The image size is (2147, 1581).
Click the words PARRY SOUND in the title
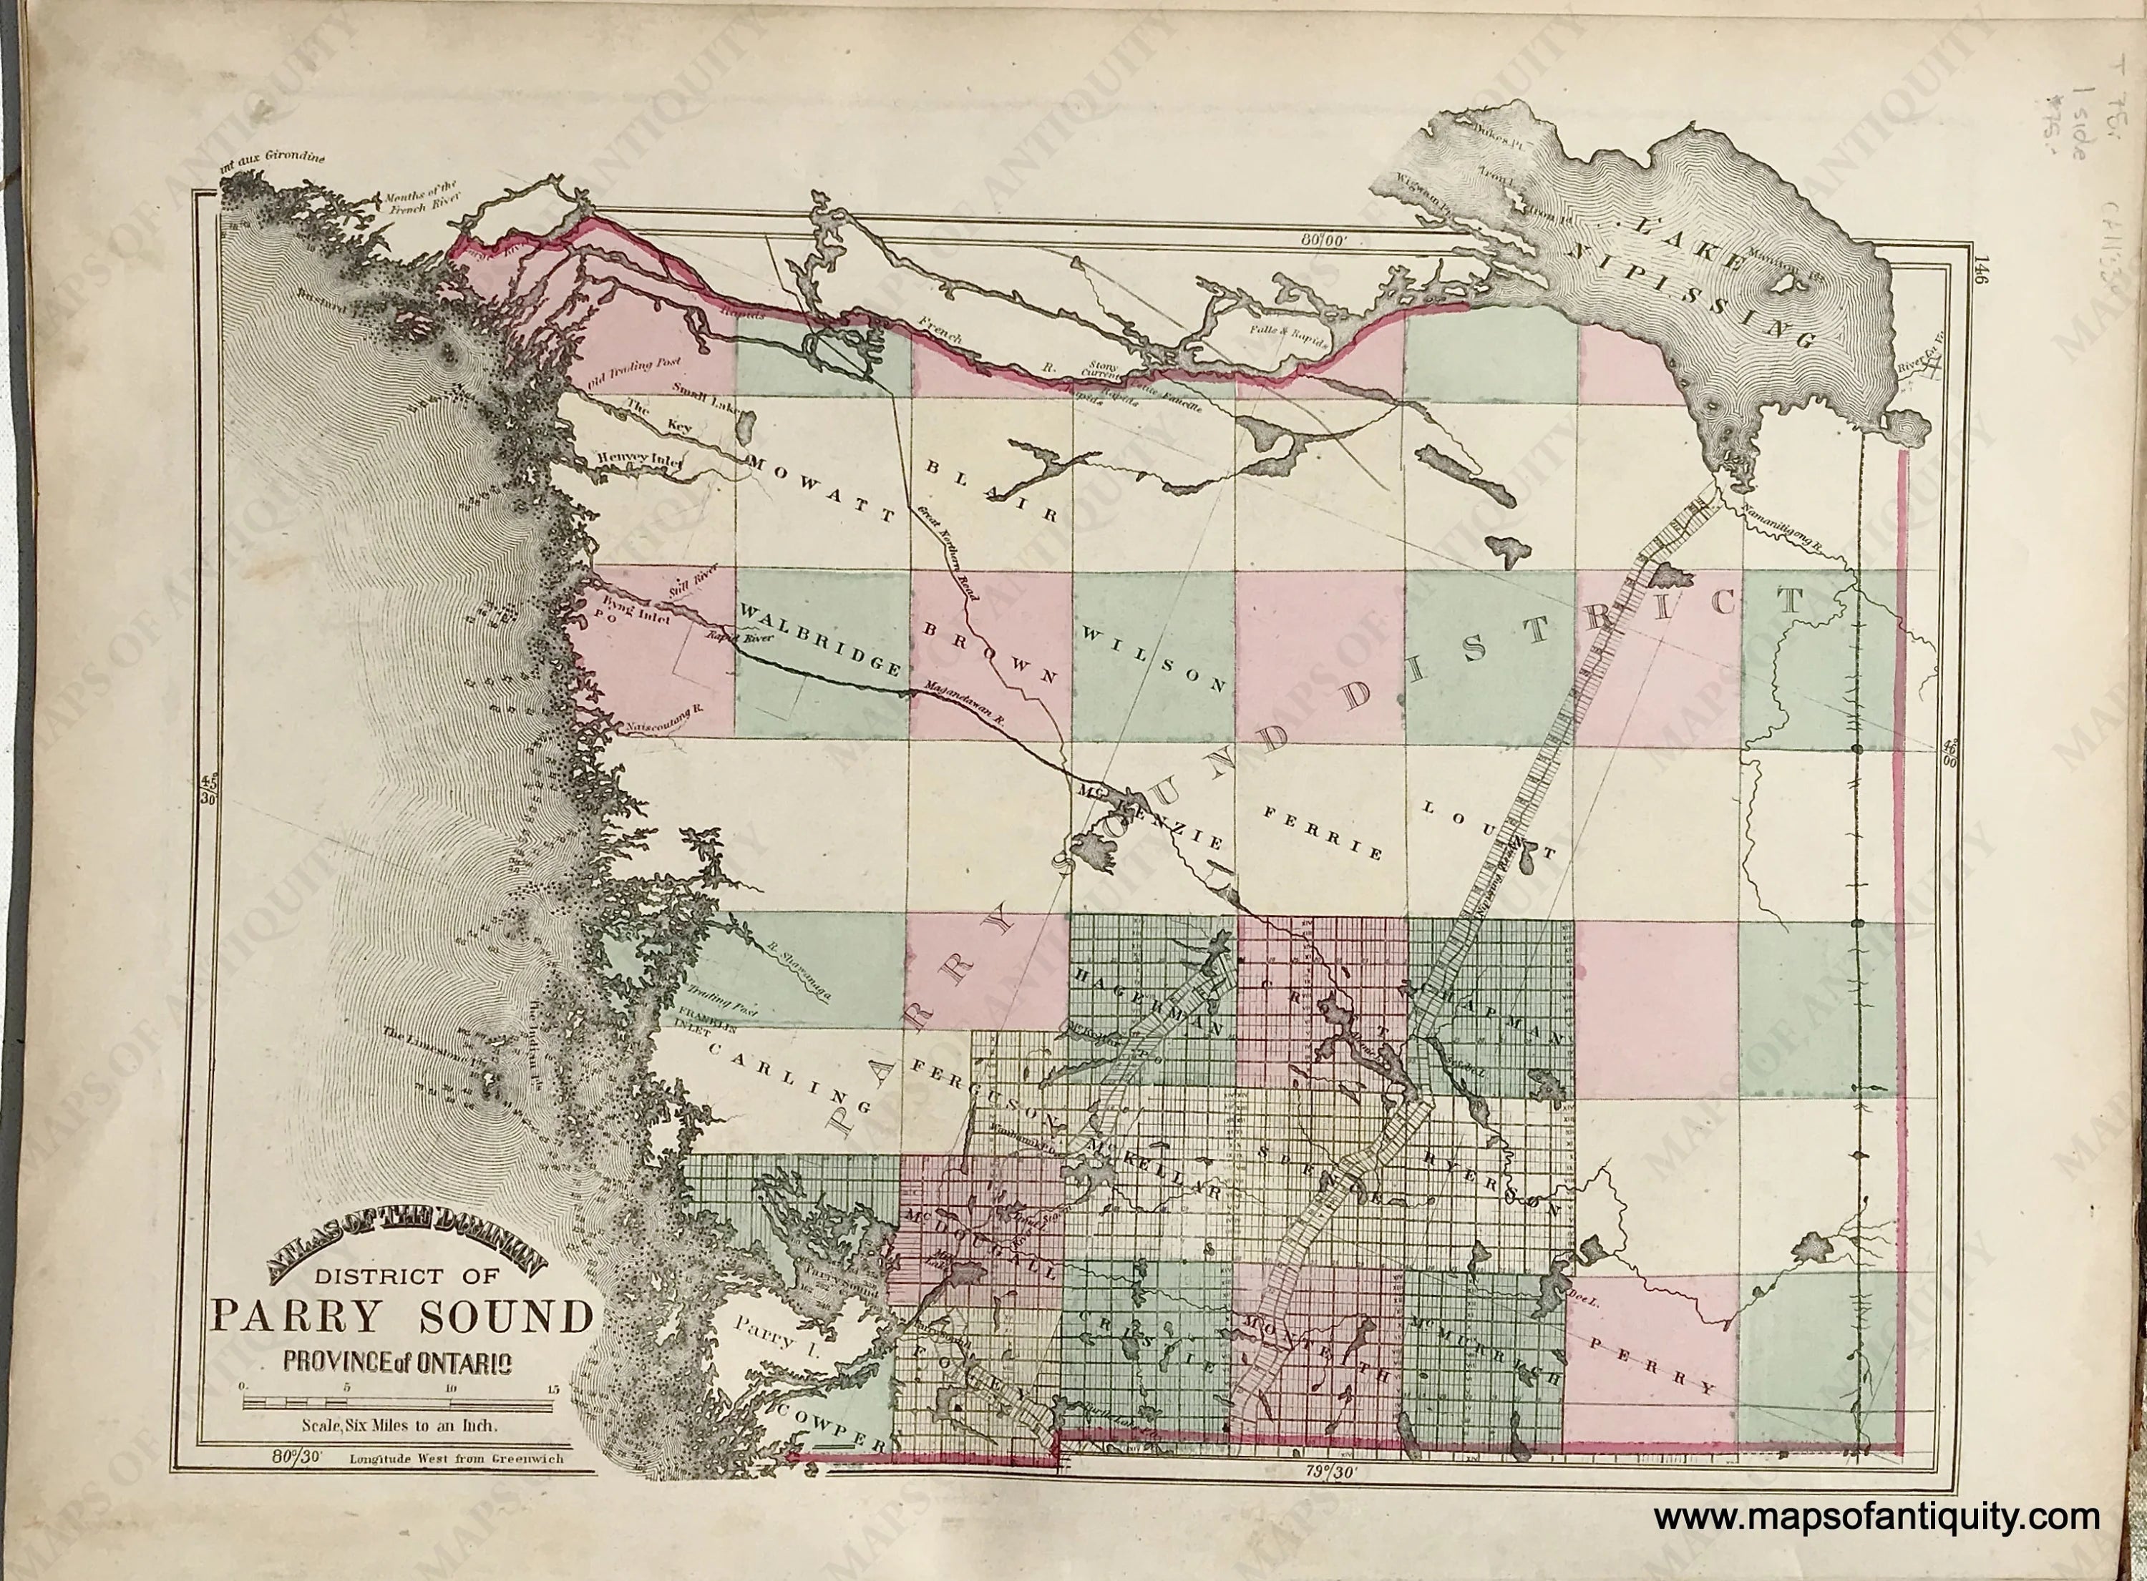click(x=402, y=1318)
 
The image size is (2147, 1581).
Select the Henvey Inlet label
click(x=638, y=459)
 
